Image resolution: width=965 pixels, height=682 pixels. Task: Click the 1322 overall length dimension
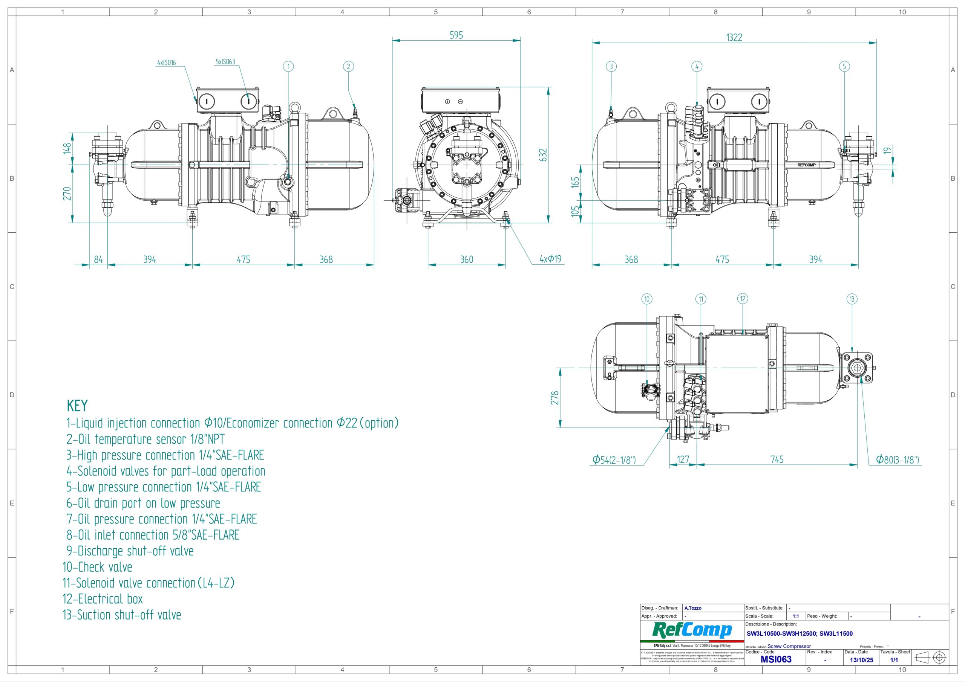(734, 37)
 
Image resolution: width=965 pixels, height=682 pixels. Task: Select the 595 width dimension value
(456, 35)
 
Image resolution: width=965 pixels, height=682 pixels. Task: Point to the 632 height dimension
(543, 154)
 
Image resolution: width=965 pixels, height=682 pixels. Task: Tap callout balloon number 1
(288, 66)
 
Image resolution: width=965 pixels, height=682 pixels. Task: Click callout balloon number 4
(697, 66)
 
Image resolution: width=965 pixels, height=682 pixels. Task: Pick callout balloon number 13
(852, 299)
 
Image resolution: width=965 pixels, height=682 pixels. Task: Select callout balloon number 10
(647, 299)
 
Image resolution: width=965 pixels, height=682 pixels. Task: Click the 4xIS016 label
(167, 63)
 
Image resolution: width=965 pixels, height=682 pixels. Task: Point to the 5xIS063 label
(225, 62)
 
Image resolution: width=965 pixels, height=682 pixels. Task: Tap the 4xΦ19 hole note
(550, 259)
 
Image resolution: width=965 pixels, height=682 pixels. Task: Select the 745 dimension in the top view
(777, 459)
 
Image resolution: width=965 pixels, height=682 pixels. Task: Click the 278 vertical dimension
(555, 398)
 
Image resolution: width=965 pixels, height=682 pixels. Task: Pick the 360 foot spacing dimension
(467, 259)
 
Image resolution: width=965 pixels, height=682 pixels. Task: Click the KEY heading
(77, 406)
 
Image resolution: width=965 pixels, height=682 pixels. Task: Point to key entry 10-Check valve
(98, 567)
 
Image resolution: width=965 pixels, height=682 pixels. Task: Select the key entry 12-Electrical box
(103, 599)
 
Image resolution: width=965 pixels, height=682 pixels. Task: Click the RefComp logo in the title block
(692, 630)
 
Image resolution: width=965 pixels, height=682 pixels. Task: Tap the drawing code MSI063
(776, 659)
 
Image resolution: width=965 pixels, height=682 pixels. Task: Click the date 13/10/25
(861, 660)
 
